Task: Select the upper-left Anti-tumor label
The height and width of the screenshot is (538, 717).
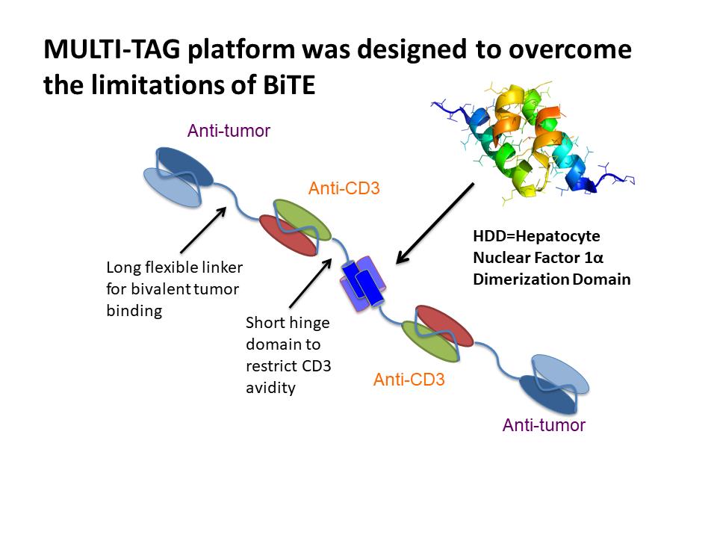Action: pos(229,132)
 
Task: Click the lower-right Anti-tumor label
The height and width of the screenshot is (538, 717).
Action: pos(544,425)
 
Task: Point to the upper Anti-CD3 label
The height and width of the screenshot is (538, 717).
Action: pos(344,189)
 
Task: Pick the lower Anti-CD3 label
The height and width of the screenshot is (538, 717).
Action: pos(409,380)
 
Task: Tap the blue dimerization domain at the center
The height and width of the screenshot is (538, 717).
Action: pos(364,283)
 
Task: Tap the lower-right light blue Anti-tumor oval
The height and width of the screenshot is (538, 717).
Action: pos(564,371)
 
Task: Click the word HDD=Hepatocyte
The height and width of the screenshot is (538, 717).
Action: pos(536,236)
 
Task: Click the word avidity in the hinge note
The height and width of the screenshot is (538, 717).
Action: pos(271,388)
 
